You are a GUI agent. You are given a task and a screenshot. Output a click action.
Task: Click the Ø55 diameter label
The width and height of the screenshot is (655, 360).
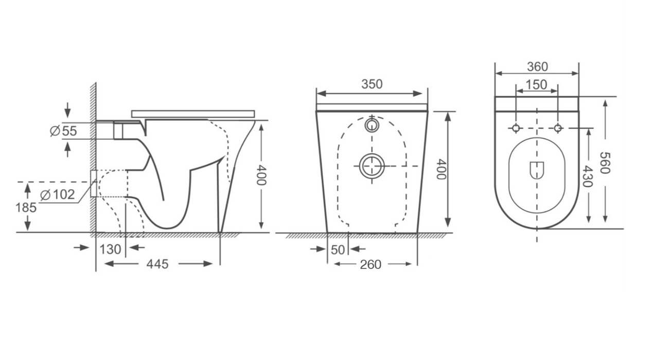[63, 131]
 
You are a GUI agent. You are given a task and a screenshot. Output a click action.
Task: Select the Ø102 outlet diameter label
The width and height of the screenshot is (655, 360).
[57, 194]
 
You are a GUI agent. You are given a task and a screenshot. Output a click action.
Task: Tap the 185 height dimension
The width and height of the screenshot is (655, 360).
[26, 208]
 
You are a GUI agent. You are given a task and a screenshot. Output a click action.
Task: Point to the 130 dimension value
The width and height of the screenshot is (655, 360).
[110, 249]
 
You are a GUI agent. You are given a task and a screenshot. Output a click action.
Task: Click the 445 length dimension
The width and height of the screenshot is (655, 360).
[157, 264]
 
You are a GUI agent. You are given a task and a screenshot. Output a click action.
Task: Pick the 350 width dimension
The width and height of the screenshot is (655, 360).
[372, 84]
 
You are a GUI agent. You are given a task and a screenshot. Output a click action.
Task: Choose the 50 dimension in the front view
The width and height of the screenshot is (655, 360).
[338, 250]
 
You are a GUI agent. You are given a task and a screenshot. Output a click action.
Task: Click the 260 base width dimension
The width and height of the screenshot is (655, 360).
[370, 265]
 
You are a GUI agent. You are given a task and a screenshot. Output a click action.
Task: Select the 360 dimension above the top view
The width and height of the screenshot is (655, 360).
[538, 67]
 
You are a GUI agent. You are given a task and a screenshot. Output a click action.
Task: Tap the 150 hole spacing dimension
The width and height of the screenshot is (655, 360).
[537, 85]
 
